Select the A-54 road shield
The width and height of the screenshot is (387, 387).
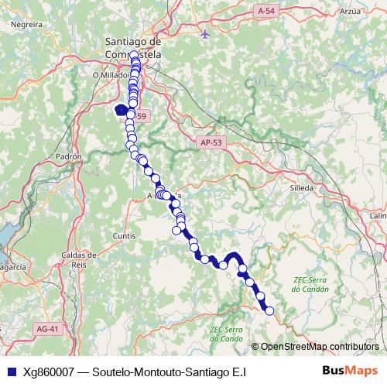coord(266,10)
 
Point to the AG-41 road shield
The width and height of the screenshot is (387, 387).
coord(47,329)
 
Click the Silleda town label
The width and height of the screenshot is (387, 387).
coord(300,188)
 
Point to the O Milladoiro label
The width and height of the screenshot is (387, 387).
coord(111,75)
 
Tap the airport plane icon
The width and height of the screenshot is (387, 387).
coord(204,34)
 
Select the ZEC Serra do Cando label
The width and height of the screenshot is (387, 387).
coord(227,334)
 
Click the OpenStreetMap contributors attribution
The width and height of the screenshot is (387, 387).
coord(319,346)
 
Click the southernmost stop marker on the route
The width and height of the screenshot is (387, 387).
coord(269,311)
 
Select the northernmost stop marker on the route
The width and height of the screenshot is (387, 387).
coord(134,55)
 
